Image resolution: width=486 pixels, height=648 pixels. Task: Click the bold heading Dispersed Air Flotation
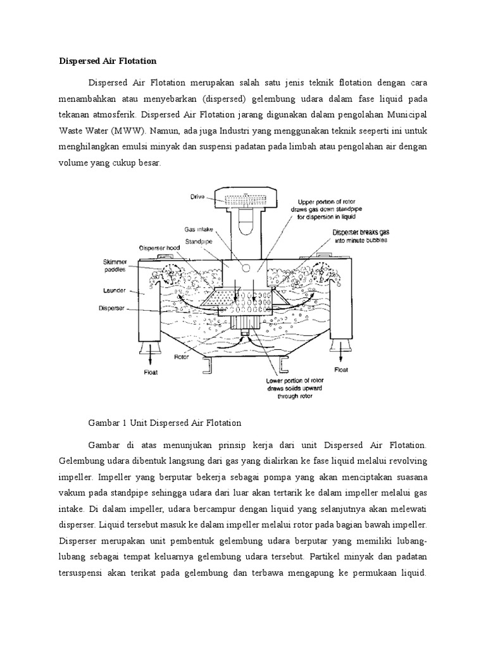coord(107,61)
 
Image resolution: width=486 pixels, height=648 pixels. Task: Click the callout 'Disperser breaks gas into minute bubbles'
coord(360,237)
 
